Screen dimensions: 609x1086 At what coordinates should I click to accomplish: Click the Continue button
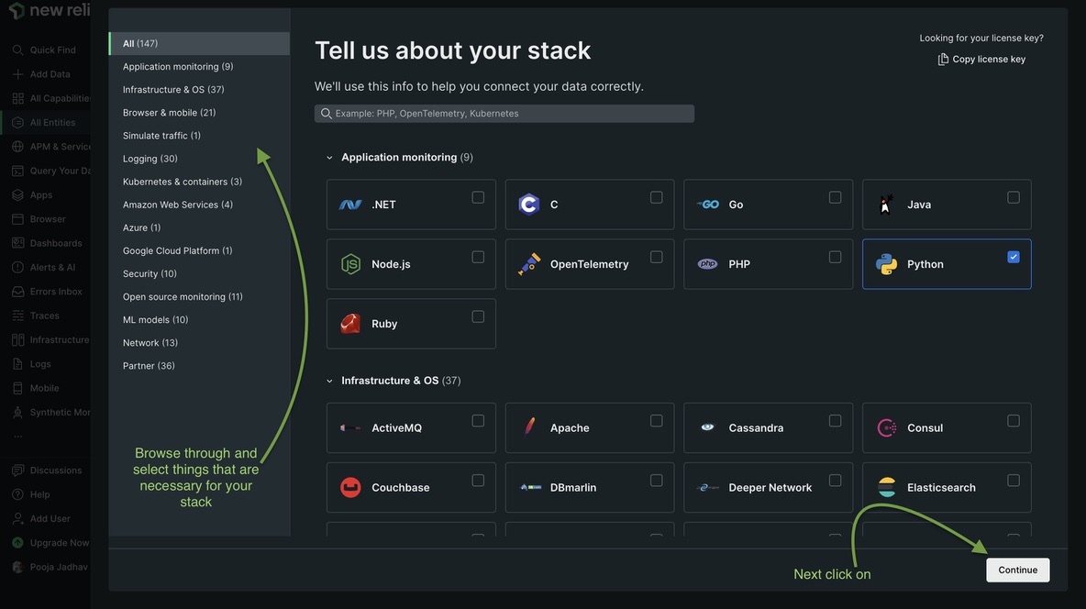pyautogui.click(x=1017, y=570)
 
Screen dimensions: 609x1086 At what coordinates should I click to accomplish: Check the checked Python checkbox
pyautogui.click(x=1014, y=257)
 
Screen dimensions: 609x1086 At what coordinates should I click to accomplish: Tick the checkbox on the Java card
pyautogui.click(x=1014, y=197)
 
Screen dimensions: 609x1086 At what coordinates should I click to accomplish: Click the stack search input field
pyautogui.click(x=504, y=114)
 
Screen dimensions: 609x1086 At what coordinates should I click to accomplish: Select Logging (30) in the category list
pyautogui.click(x=150, y=159)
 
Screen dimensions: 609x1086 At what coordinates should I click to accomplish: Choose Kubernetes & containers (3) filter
pyautogui.click(x=183, y=182)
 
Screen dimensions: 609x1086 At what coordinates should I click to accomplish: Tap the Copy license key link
pyautogui.click(x=981, y=59)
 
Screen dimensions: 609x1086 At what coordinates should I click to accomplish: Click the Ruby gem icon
pyautogui.click(x=350, y=324)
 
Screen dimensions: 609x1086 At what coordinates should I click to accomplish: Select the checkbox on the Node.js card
pyautogui.click(x=478, y=257)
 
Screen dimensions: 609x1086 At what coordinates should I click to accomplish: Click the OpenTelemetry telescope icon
pyautogui.click(x=529, y=264)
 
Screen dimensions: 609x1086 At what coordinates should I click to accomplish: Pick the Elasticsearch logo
pyautogui.click(x=887, y=488)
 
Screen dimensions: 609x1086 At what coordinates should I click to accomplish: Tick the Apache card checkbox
pyautogui.click(x=657, y=421)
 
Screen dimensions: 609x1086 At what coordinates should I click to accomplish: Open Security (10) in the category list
pyautogui.click(x=150, y=273)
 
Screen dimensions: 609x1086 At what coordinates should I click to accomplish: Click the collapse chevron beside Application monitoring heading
pyautogui.click(x=330, y=158)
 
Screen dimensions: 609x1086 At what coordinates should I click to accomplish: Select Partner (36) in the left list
pyautogui.click(x=149, y=366)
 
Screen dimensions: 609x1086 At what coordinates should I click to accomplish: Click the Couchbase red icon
pyautogui.click(x=350, y=488)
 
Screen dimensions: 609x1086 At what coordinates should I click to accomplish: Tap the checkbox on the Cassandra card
pyautogui.click(x=835, y=421)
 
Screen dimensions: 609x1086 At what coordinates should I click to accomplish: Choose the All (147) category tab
pyautogui.click(x=140, y=43)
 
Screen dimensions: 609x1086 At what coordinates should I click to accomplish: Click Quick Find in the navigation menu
pyautogui.click(x=52, y=50)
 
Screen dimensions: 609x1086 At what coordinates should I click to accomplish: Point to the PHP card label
pyautogui.click(x=739, y=264)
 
